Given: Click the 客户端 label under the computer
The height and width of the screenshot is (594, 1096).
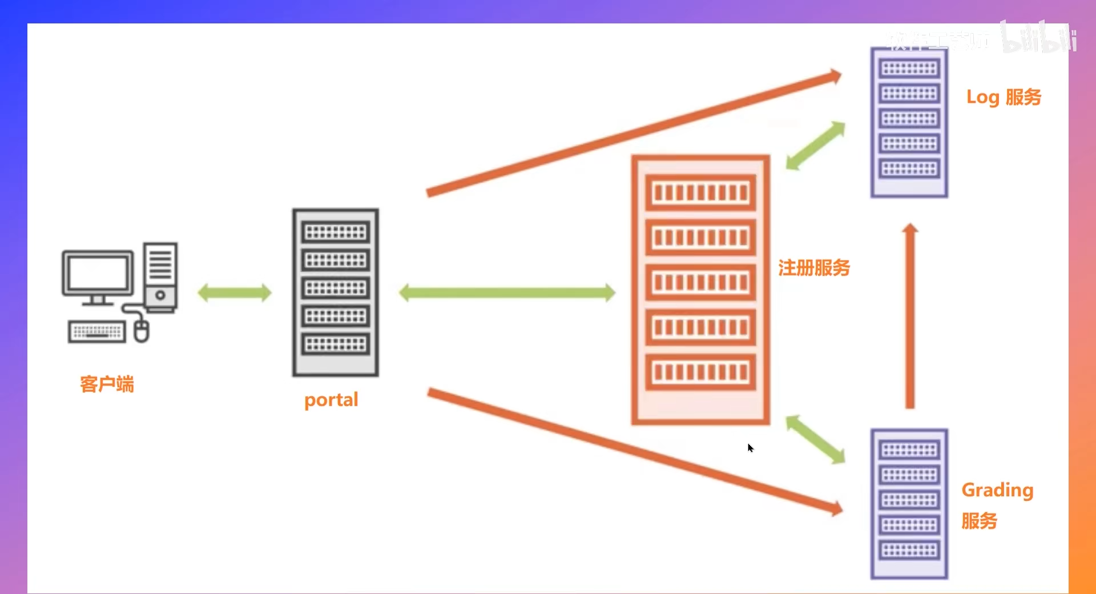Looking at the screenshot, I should [107, 384].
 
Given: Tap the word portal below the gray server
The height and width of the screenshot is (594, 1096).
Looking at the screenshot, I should [331, 400].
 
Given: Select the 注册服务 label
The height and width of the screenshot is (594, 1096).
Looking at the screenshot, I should [814, 268].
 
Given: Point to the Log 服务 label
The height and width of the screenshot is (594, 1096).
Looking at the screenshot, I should [1004, 97].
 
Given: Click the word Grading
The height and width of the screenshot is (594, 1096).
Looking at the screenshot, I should [997, 491].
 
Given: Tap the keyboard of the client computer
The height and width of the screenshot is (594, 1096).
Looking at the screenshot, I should [96, 331].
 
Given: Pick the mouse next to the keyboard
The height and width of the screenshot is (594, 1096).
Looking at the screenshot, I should [142, 331].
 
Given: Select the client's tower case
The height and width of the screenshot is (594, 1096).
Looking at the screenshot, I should [160, 276].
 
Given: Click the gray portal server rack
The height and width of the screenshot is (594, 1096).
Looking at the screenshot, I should [336, 292].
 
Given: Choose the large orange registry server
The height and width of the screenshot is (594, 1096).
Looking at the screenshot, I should [700, 290].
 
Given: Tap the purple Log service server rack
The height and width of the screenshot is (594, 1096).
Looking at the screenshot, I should [909, 122].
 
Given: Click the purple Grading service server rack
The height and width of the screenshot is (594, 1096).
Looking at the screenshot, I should [909, 504].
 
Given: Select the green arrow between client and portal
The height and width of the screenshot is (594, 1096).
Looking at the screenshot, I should [235, 293].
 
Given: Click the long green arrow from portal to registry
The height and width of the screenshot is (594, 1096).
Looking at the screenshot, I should [507, 293].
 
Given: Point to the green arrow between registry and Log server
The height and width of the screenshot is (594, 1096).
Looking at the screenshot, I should [815, 146].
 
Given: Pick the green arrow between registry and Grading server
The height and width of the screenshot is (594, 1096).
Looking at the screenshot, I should [815, 439].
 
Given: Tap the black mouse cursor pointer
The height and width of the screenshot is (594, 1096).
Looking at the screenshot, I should [750, 448].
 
